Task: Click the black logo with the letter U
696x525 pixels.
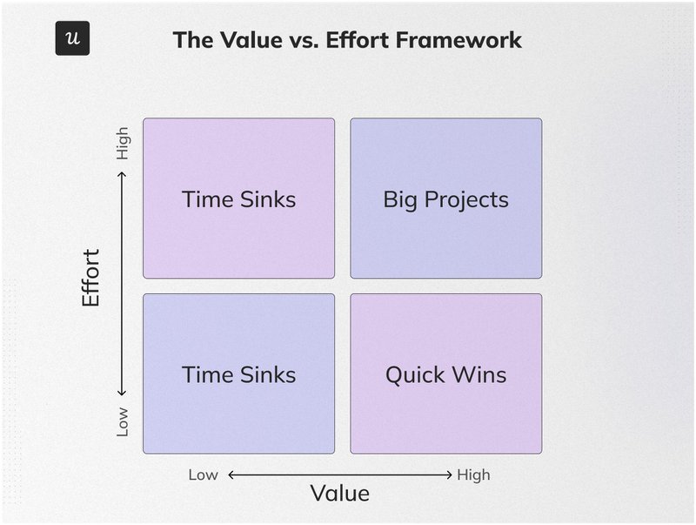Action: pyautogui.click(x=72, y=38)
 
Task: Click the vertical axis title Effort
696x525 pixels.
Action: pyautogui.click(x=91, y=278)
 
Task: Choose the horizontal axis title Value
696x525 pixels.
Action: pyautogui.click(x=340, y=494)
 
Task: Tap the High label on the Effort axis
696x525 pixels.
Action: pyautogui.click(x=123, y=143)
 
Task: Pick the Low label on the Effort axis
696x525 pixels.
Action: pyautogui.click(x=123, y=421)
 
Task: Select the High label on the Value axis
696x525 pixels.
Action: pyautogui.click(x=473, y=475)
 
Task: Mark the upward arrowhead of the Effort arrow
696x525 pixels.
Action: pyautogui.click(x=123, y=174)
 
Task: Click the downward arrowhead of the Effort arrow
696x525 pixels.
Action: pyautogui.click(x=123, y=393)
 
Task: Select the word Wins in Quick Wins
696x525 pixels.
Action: pyautogui.click(x=479, y=375)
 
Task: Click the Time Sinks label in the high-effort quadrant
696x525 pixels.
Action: pyautogui.click(x=238, y=199)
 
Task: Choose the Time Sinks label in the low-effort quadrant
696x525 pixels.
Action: pyautogui.click(x=238, y=375)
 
